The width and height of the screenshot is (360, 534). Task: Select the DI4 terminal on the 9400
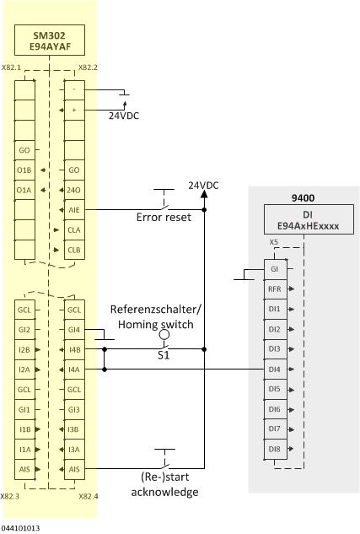click(x=274, y=369)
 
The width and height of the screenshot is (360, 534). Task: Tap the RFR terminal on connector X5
click(x=274, y=288)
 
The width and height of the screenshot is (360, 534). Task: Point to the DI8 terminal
click(x=274, y=450)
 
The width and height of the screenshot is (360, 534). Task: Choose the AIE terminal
click(x=74, y=210)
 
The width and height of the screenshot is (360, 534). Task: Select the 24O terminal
click(x=74, y=190)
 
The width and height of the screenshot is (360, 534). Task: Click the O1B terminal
click(x=24, y=170)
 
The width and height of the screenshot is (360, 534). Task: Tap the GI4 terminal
click(x=74, y=329)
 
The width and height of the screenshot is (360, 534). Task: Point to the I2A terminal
click(x=24, y=369)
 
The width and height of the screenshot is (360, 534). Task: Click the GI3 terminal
click(x=74, y=410)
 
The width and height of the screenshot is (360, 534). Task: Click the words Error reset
click(x=164, y=217)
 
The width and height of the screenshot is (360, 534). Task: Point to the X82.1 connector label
click(x=11, y=67)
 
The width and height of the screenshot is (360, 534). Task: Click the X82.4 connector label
click(x=89, y=496)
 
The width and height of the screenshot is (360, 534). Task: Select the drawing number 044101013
click(x=20, y=527)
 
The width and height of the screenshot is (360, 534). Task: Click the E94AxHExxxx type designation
click(x=301, y=227)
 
